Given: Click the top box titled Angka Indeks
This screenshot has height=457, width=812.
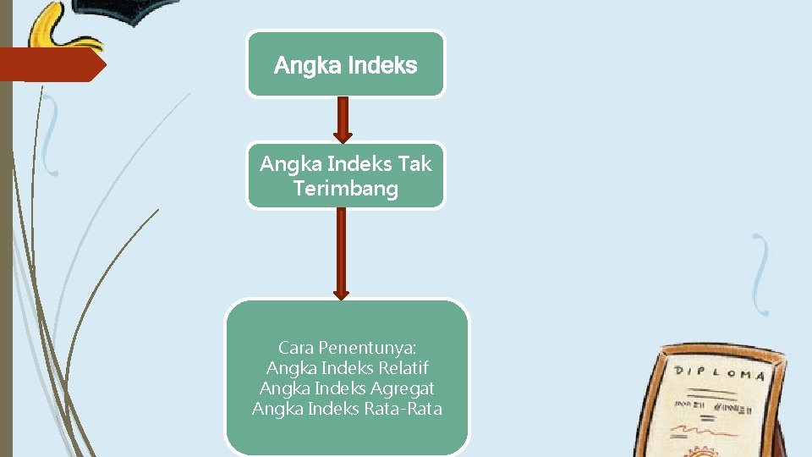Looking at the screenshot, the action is pos(345,63).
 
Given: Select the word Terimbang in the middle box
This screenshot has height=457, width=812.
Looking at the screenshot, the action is pos(345,188).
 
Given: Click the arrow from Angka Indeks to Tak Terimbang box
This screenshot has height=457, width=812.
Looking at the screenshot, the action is pos(342,119).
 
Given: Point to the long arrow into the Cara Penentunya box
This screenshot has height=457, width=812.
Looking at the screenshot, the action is pos(341,253).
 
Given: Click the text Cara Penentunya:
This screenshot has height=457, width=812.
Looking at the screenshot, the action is pos(347,348).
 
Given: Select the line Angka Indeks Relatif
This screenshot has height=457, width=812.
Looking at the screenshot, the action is pos(347,368).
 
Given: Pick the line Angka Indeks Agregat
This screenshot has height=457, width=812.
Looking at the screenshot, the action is pos(347,388).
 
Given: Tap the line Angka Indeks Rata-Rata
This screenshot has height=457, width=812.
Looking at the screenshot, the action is pos(347,409).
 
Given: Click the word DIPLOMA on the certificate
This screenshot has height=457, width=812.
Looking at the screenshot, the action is pos(719,373).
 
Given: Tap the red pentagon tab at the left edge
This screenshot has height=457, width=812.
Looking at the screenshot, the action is pos(51,64).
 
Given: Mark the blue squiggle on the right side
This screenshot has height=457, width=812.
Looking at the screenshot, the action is pos(762,274).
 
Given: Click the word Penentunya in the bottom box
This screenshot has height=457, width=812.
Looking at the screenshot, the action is pos(370,348).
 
